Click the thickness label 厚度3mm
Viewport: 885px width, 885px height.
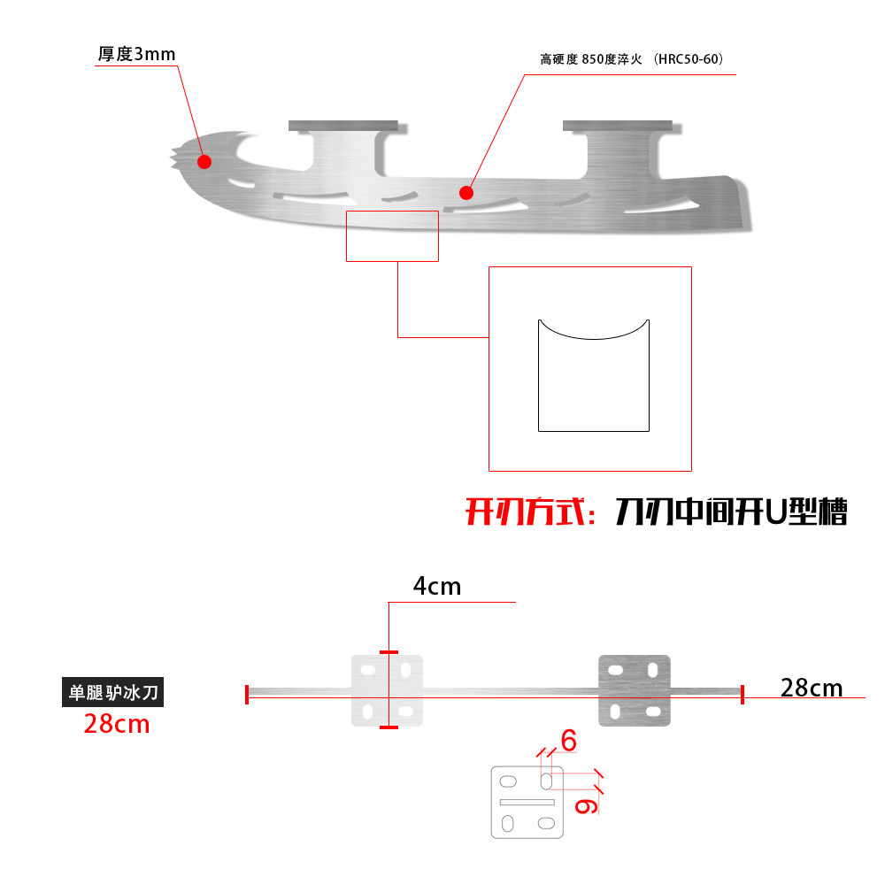(x=136, y=54)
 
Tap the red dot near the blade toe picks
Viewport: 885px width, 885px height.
(x=204, y=161)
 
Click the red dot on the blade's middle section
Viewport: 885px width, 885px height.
(x=466, y=192)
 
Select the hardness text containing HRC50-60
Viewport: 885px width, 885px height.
(x=632, y=60)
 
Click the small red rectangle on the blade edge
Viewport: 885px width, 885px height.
(x=392, y=235)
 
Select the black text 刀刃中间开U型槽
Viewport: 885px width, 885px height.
(x=731, y=512)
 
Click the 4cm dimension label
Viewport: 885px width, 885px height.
(x=437, y=586)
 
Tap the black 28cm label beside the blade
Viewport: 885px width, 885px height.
(x=812, y=687)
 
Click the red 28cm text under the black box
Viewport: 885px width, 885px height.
(x=117, y=724)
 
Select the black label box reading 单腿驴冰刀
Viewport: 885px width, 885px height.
(x=112, y=692)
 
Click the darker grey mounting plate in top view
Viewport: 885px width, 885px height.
(x=635, y=690)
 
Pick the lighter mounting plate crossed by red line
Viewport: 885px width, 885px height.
(x=388, y=690)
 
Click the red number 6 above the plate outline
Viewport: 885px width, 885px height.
(x=568, y=741)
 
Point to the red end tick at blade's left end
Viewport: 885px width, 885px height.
(x=247, y=695)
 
